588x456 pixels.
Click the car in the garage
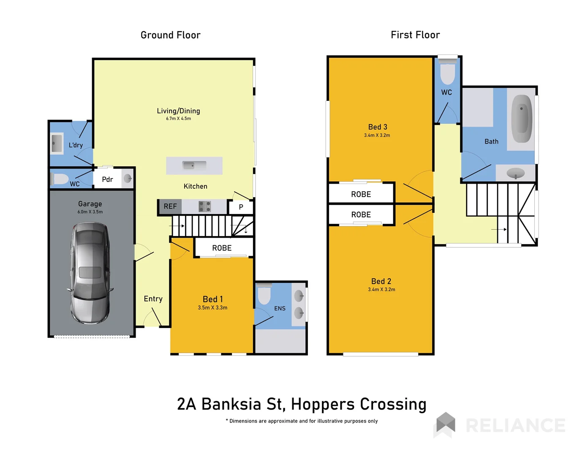90,273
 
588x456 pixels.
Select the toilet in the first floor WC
447,73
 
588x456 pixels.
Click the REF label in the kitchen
170,206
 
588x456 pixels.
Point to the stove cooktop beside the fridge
205,206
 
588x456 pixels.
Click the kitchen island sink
194,165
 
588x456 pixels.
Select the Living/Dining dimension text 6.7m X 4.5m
178,119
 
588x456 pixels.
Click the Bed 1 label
212,299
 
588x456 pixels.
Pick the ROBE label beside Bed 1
222,248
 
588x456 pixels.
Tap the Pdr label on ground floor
107,179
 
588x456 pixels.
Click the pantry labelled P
241,207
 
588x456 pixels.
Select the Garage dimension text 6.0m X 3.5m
90,212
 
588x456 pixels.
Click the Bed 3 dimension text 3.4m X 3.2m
377,136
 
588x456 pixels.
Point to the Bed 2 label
381,281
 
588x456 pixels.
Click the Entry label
153,299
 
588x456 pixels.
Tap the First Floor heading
415,35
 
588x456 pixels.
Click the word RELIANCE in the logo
515,426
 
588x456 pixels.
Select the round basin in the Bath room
515,173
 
